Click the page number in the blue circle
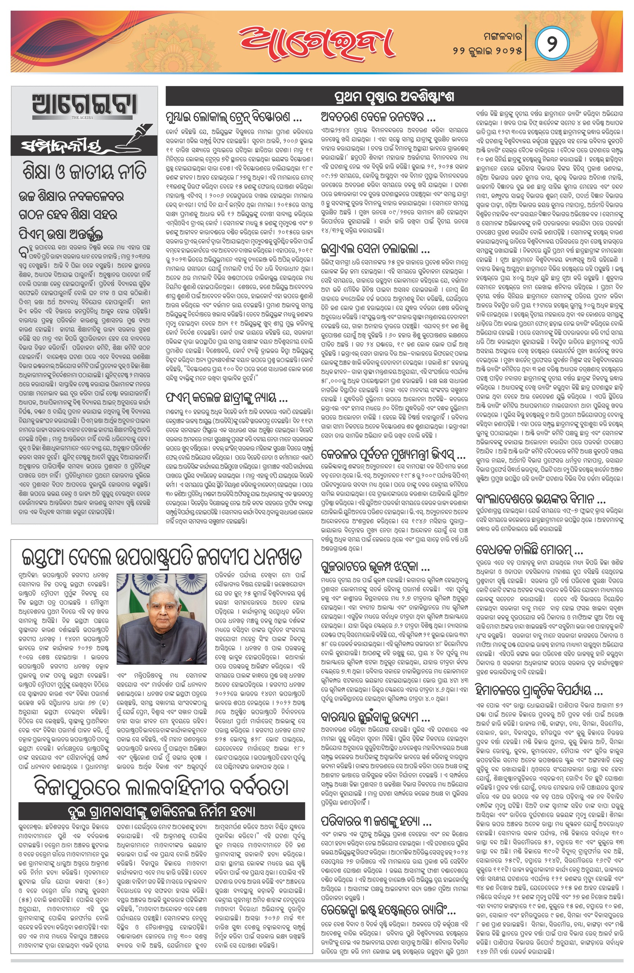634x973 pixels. (552, 43)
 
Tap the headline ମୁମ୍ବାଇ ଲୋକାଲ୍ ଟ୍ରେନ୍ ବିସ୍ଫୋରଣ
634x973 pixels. (234, 118)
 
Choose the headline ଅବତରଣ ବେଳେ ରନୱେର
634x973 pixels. (378, 118)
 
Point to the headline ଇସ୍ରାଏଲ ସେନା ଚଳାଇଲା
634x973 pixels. (375, 249)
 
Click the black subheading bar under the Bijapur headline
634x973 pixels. (162, 811)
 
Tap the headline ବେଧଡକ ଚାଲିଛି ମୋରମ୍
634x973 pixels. (529, 549)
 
